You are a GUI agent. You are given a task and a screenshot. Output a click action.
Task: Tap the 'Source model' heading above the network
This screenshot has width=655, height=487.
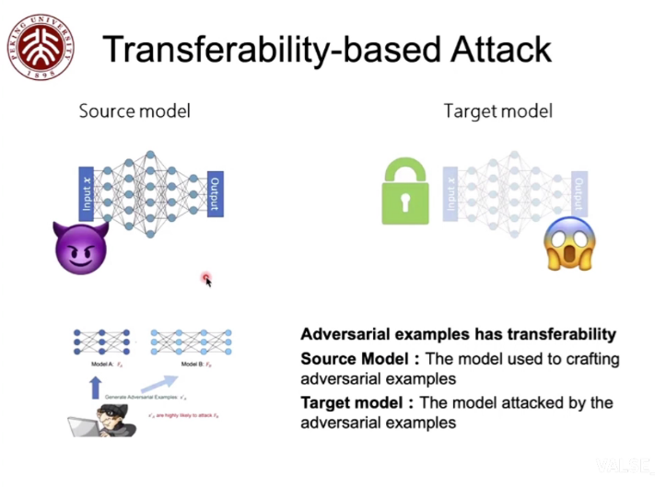click(135, 111)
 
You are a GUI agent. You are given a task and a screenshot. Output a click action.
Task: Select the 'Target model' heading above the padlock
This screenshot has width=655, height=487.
click(497, 111)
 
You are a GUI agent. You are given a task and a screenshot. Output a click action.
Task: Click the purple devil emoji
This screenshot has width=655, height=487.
click(81, 247)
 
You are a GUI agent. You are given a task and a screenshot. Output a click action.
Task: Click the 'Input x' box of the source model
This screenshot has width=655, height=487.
click(88, 193)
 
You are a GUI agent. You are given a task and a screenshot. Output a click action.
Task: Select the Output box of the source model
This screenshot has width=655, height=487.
click(214, 193)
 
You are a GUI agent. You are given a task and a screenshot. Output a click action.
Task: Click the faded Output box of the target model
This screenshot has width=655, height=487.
click(579, 193)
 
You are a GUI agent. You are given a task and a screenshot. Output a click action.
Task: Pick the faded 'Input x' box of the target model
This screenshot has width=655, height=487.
click(451, 193)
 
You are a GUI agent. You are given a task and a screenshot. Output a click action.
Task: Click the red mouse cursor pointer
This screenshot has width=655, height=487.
click(207, 279)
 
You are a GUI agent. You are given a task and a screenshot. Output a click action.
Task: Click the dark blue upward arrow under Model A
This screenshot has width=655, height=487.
click(94, 388)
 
